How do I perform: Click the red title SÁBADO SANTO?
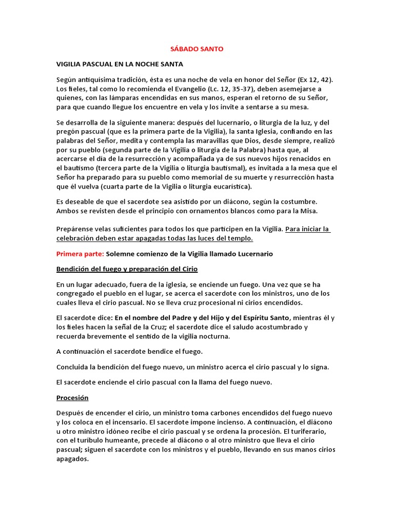click(197, 49)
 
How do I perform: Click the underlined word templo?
click(241, 238)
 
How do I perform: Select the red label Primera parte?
click(80, 254)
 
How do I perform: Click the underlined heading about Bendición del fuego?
click(127, 269)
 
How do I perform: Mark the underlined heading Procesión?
click(72, 398)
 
